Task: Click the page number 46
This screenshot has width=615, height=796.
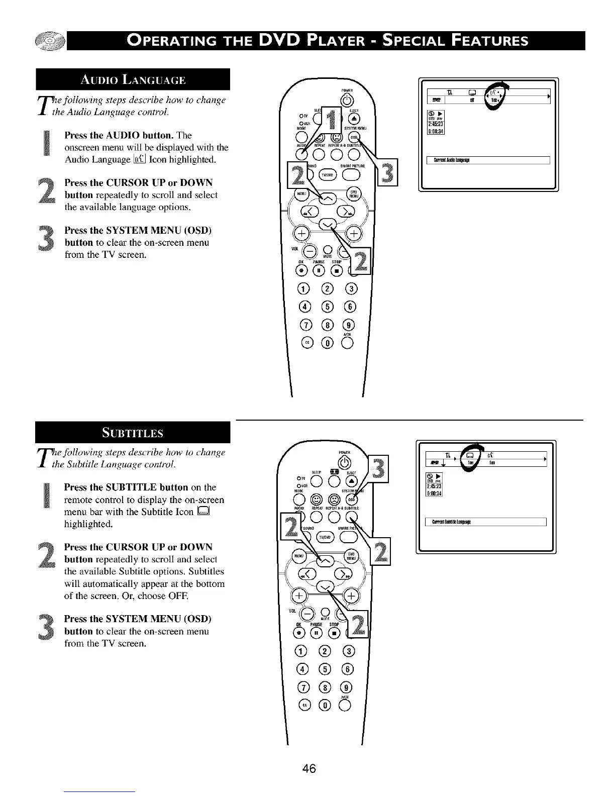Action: coord(309,768)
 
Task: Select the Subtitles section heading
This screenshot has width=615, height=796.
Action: coord(133,433)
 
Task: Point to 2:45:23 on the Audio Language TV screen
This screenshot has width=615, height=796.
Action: coord(433,125)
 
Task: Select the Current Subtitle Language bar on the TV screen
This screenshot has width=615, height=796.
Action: coord(485,522)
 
